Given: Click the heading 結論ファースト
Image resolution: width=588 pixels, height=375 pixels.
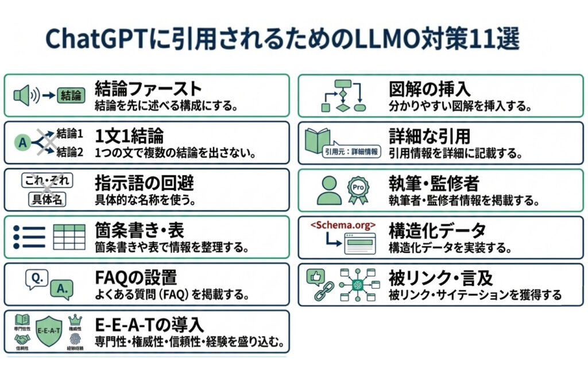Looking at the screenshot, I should [x=148, y=89].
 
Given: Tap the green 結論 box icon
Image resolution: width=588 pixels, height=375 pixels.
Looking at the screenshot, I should [x=71, y=95].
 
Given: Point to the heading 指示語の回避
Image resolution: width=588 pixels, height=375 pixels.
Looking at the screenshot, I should [x=144, y=183].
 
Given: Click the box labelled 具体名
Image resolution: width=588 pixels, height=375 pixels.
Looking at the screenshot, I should [x=47, y=200].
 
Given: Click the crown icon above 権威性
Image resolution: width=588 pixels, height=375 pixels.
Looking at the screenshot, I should [x=75, y=319].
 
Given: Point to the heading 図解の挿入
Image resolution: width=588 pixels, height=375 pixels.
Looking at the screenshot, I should [x=430, y=89].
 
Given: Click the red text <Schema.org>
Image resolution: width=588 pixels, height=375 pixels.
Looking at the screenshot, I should [x=343, y=225].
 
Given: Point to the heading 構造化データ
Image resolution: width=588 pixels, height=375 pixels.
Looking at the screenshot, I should [x=437, y=230].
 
